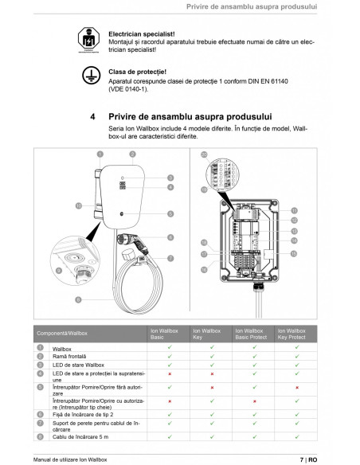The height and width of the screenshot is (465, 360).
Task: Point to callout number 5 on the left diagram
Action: pyautogui.click(x=170, y=214)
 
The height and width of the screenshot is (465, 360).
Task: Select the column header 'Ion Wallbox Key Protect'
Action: pyautogui.click(x=293, y=334)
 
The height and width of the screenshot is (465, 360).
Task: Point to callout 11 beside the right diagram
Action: pyautogui.click(x=294, y=210)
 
